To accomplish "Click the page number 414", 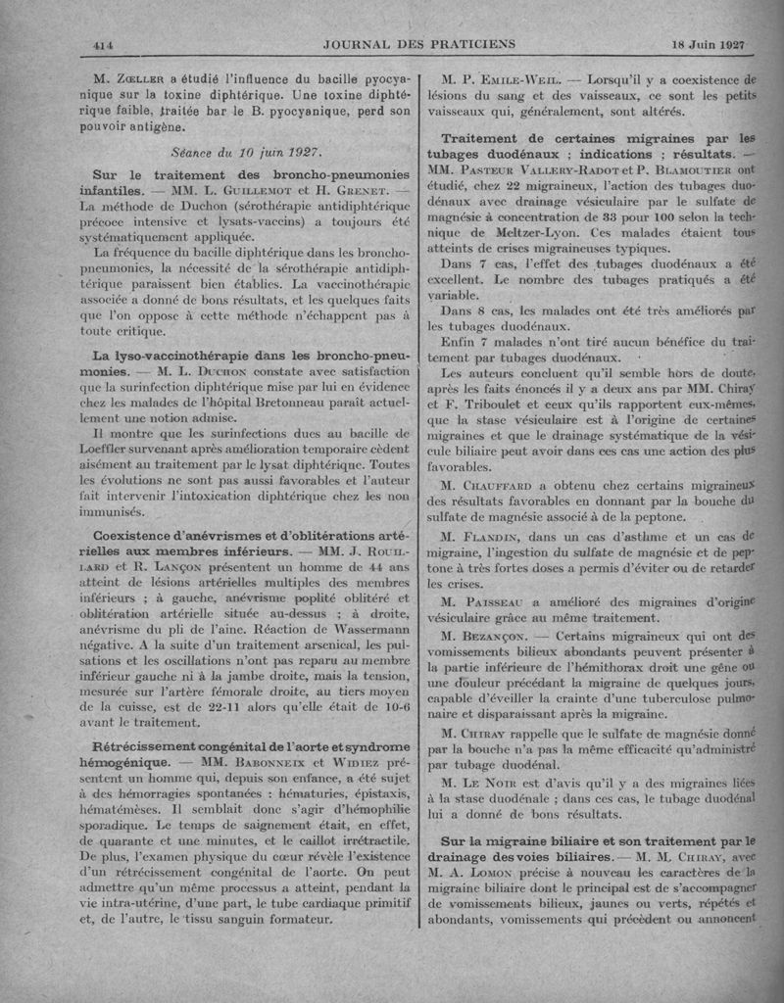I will pos(105,45).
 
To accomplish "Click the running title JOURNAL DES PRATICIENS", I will pos(418,45).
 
